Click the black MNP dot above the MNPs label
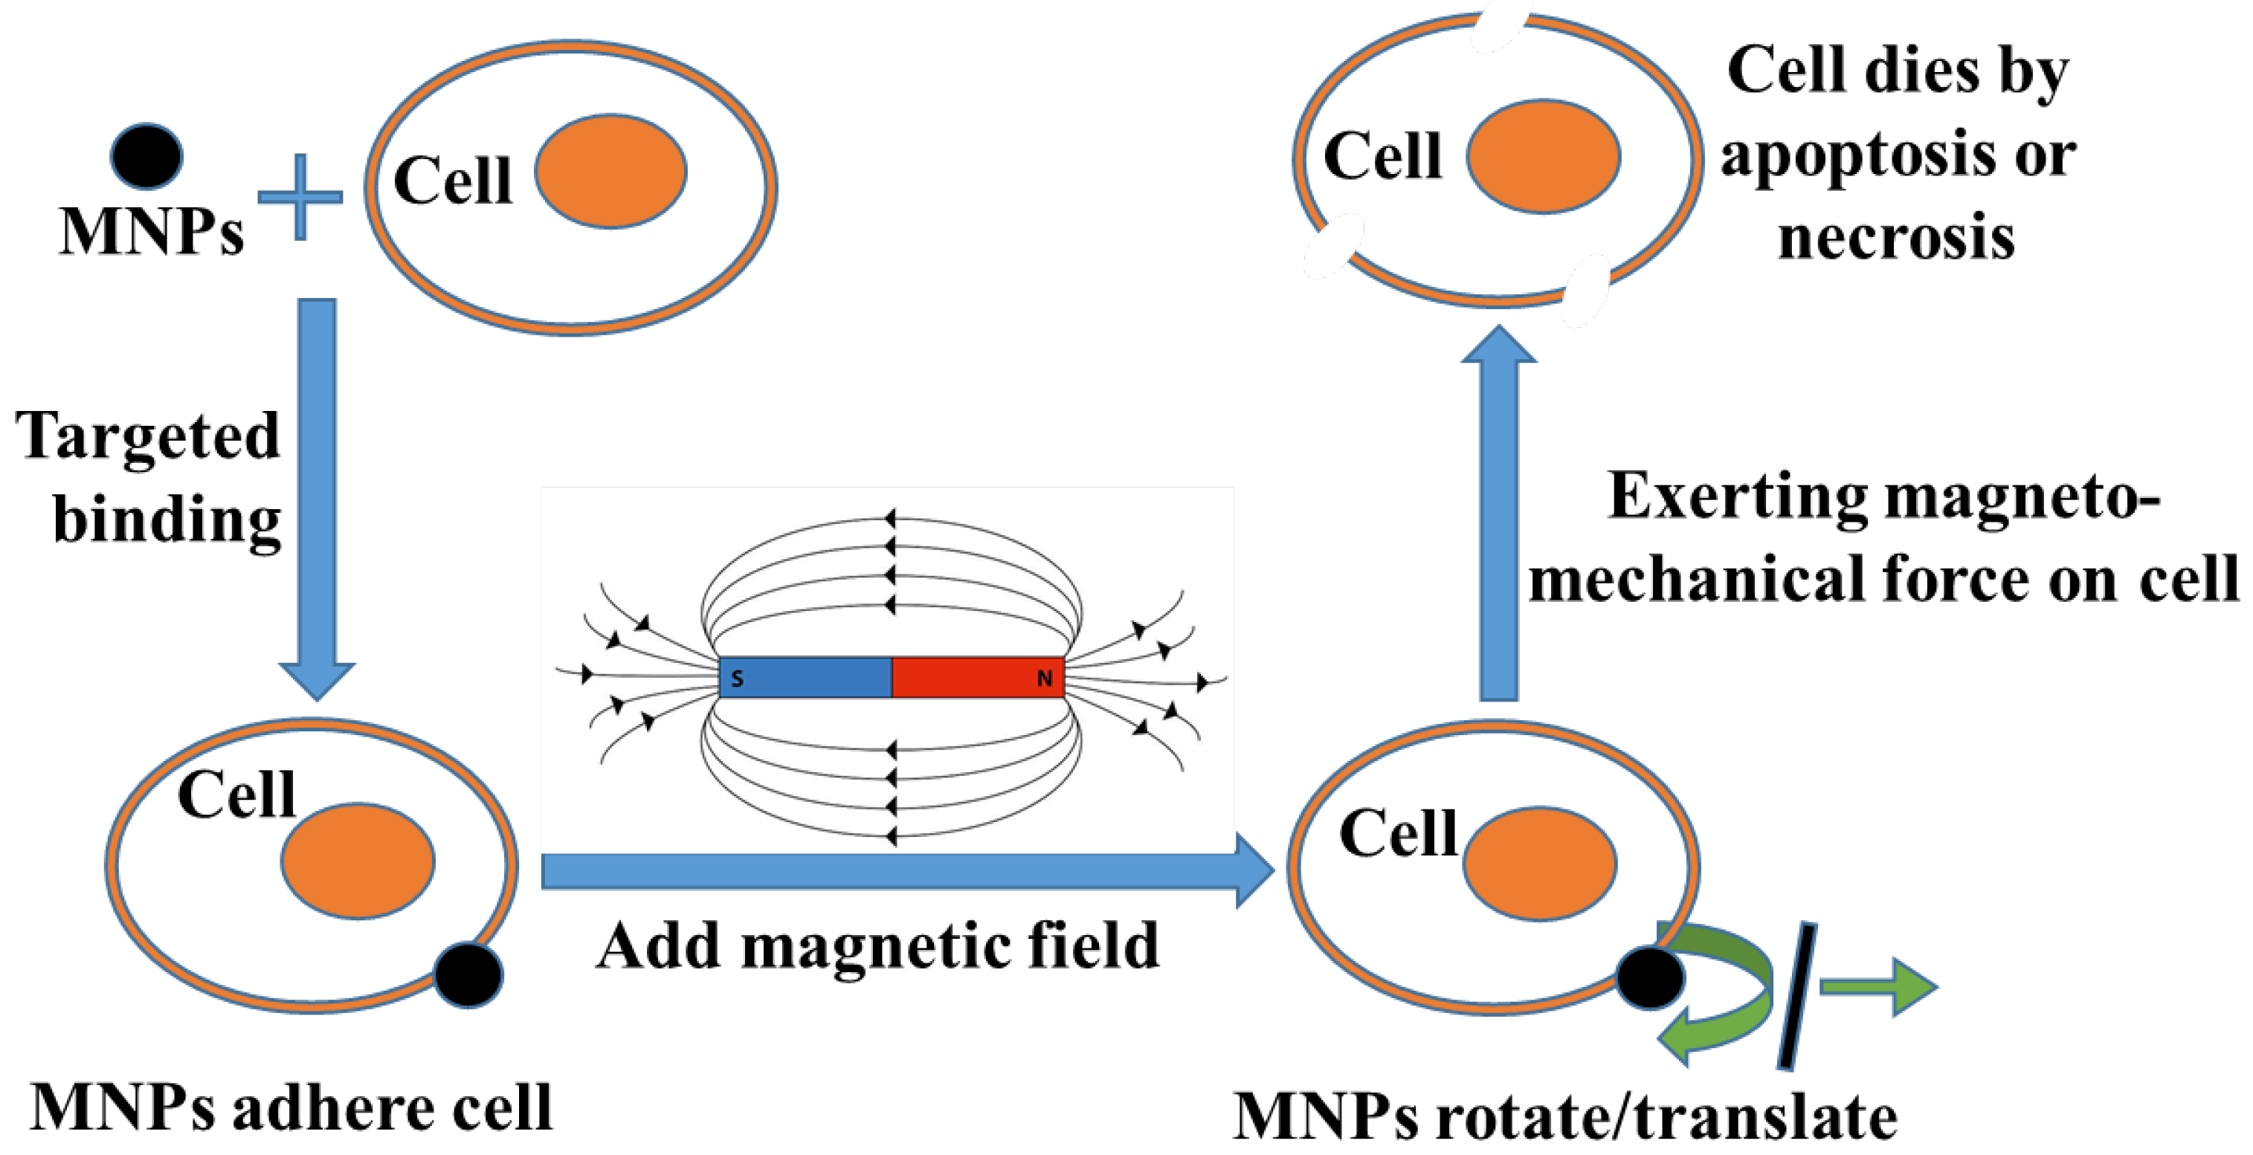(146, 155)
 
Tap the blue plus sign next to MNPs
(300, 197)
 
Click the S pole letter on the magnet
(738, 679)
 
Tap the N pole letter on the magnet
(1043, 679)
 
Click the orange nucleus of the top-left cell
(610, 172)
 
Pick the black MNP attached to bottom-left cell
(468, 975)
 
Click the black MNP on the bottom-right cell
(1649, 978)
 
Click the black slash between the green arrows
(1797, 996)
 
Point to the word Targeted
(147, 436)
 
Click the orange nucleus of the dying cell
(1544, 155)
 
